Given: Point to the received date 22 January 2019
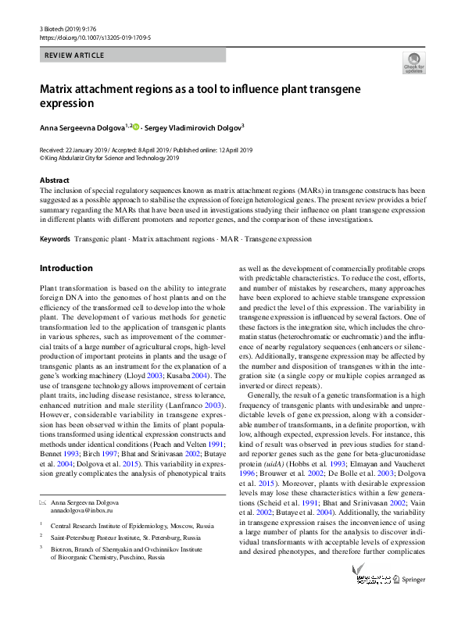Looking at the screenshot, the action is click(x=82, y=149).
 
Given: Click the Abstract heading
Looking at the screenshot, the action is click(x=54, y=180).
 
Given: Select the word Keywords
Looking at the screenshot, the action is click(x=54, y=238).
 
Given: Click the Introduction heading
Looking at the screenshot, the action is click(x=66, y=268).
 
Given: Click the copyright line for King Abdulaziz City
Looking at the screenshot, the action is click(x=109, y=157).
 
